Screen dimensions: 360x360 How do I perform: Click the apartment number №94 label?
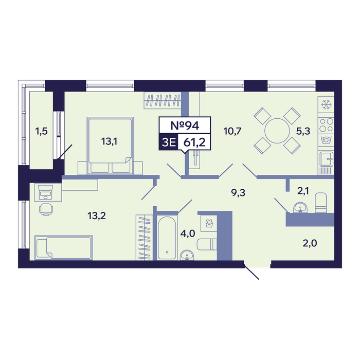point(185,125)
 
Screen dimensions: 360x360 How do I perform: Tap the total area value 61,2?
point(194,142)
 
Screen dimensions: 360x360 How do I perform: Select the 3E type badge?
point(169,142)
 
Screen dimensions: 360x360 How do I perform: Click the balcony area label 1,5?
point(41,131)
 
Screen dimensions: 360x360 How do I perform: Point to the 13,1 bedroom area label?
point(109,141)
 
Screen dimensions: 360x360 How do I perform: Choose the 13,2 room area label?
point(97,216)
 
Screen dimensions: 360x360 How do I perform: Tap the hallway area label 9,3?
point(238,193)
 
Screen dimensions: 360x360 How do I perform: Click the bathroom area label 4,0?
point(188,233)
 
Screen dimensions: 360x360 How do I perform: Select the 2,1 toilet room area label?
point(303,191)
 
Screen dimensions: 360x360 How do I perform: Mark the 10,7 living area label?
point(232,131)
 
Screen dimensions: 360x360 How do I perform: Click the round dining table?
point(277,131)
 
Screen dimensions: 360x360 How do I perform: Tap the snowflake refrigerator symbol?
point(326,105)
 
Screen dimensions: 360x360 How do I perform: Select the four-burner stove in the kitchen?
point(326,124)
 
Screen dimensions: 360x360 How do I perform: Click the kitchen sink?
point(326,159)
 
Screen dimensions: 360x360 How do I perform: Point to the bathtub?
point(167,238)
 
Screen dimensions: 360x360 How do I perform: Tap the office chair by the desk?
point(46,209)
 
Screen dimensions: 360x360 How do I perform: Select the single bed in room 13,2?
point(64,248)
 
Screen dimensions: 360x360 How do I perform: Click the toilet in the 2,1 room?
point(321,202)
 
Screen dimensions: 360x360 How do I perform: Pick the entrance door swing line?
point(251,272)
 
